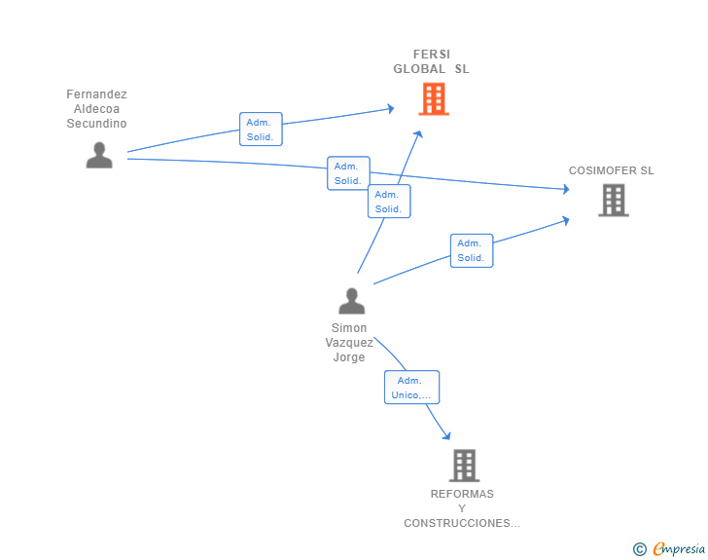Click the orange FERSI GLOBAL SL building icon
tap(434, 98)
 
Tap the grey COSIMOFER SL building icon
tap(613, 200)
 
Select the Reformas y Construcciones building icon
tap(464, 466)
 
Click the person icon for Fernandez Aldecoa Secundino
tap(99, 155)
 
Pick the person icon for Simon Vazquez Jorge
tap(352, 301)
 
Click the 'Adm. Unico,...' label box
tap(411, 388)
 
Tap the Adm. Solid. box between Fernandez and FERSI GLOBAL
tap(261, 129)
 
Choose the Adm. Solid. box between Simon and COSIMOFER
tap(472, 250)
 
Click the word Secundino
tap(96, 124)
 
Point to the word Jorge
tap(349, 357)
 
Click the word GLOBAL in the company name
tap(419, 69)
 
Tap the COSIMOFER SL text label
tap(612, 170)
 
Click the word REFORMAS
tap(462, 494)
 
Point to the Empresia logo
tap(679, 548)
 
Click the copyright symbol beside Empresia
tap(639, 549)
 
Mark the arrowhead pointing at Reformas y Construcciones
tap(447, 435)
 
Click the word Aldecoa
tap(96, 109)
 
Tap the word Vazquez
tap(349, 343)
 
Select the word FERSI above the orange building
tap(432, 55)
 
